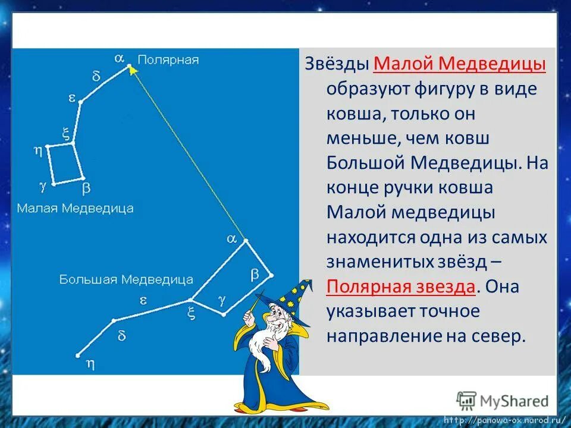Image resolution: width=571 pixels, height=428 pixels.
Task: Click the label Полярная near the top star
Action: coord(168,60)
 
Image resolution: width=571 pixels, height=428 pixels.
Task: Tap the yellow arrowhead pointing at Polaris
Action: coord(132,70)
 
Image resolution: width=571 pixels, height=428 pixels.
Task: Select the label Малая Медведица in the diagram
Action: coord(75,208)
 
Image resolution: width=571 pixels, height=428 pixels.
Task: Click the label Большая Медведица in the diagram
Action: coord(126,279)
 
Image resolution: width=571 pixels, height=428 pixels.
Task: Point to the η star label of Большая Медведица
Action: coord(91,361)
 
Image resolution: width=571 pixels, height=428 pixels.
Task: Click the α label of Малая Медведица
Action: coord(119,58)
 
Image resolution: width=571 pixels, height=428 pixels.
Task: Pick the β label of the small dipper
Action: coord(86,188)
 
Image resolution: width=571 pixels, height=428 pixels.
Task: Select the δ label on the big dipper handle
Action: coord(121,335)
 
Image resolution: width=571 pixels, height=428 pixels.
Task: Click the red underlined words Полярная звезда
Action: coord(400,287)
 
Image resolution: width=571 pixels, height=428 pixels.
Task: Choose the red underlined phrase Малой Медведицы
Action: coord(461,64)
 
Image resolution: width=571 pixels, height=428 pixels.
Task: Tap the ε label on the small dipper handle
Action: coord(72,98)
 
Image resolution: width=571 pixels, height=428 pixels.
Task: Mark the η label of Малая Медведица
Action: coord(37,151)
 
